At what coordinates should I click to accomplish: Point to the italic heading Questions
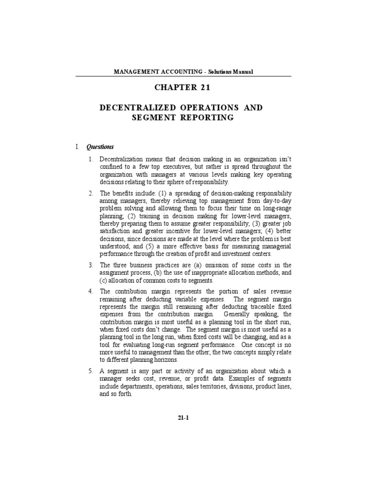[100, 146]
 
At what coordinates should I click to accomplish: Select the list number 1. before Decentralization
[91, 158]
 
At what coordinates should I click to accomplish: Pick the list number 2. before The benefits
[91, 192]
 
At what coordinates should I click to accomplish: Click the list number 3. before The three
[91, 265]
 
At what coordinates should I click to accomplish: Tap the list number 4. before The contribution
[91, 291]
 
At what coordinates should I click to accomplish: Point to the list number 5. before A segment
[91, 371]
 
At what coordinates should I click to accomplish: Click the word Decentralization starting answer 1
[122, 158]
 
